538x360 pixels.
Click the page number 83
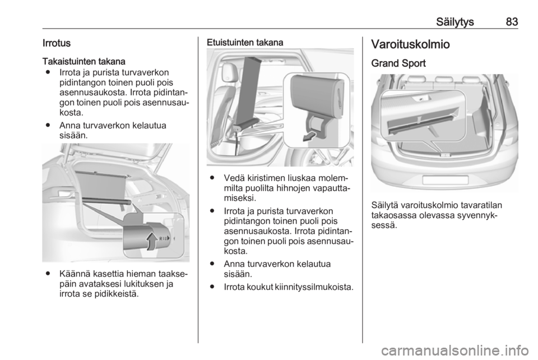pos(512,22)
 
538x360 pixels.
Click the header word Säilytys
pos(455,22)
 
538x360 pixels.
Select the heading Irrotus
pos(56,43)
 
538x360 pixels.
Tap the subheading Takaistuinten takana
pos(84,62)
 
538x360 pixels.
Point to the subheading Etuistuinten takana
pos(245,43)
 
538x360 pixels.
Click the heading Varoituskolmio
pos(410,44)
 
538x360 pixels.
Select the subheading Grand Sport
pos(398,63)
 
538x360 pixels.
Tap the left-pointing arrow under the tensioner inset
pos(310,137)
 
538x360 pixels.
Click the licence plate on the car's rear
pos(445,180)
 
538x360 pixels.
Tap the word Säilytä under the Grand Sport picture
pos(384,206)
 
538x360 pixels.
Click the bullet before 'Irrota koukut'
pos(213,287)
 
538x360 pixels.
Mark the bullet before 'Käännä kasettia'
pos(48,274)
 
